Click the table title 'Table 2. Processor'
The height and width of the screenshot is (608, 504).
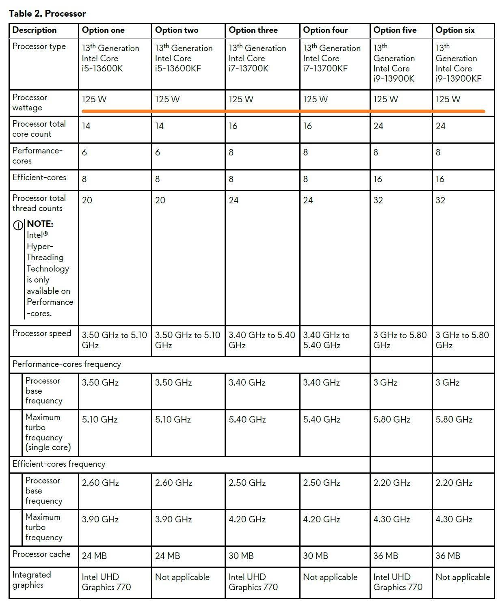click(x=47, y=13)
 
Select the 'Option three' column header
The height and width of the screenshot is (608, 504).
click(x=253, y=30)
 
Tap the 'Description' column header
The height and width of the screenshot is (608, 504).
click(x=35, y=30)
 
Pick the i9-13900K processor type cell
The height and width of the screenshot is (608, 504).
click(x=394, y=63)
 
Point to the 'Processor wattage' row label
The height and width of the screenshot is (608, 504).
click(x=30, y=103)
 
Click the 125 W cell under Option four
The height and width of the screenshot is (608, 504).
click(x=315, y=99)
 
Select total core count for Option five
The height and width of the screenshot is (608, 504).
click(x=378, y=126)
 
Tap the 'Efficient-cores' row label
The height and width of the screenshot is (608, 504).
click(x=39, y=177)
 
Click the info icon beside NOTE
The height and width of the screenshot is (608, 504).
click(x=18, y=225)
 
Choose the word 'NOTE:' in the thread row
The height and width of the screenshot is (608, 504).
click(x=40, y=224)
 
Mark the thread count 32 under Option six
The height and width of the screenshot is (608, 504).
click(x=440, y=201)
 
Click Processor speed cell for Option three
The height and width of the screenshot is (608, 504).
click(x=262, y=340)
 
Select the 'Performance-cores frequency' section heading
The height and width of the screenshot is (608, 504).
click(x=67, y=364)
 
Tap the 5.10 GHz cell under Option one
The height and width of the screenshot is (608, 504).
click(x=100, y=420)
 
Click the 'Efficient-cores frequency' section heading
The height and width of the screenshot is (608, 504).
click(x=59, y=464)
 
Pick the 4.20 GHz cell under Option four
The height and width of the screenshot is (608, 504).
click(x=321, y=520)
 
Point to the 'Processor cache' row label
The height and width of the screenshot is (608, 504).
click(x=41, y=554)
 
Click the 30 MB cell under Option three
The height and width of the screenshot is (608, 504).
click(x=241, y=556)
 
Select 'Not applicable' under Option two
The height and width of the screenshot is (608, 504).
click(x=182, y=577)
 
